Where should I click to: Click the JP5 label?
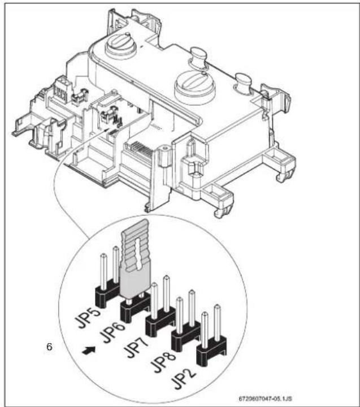click(x=88, y=318)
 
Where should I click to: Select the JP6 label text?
click(x=114, y=333)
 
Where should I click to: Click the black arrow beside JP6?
click(x=89, y=350)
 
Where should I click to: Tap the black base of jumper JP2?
click(x=211, y=352)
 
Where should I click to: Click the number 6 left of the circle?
click(x=49, y=347)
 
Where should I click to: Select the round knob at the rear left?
click(x=120, y=45)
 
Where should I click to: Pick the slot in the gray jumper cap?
click(x=137, y=253)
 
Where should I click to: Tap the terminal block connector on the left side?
click(x=60, y=89)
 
